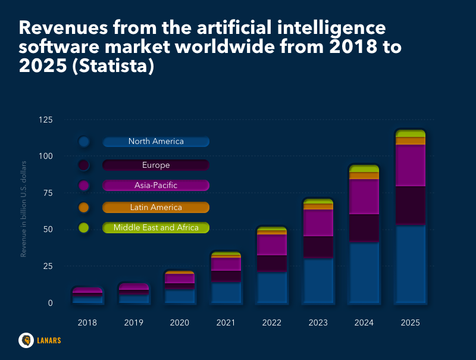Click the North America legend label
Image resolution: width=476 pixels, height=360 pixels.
pos(156,142)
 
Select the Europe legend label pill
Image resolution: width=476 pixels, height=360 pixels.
pos(156,165)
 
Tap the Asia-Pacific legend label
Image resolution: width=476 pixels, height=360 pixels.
pos(156,186)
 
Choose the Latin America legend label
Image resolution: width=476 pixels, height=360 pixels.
pos(156,207)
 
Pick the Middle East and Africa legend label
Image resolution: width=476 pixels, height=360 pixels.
pos(156,227)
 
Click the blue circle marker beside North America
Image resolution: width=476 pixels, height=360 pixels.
pos(84,142)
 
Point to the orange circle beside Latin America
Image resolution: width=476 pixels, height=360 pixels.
pos(84,207)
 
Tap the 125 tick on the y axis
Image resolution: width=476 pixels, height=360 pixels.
pos(62,120)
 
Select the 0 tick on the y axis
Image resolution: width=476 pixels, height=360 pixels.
pos(67,303)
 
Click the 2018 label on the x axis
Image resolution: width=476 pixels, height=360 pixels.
pos(87,323)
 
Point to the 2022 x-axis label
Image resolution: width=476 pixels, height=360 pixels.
pos(272,323)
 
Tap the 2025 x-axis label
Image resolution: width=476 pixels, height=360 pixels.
pos(411,323)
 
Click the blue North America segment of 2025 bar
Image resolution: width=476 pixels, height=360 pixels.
pos(411,264)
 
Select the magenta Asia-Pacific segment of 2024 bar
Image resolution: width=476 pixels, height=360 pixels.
pos(364,196)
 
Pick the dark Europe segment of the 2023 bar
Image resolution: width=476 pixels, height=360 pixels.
pos(318,247)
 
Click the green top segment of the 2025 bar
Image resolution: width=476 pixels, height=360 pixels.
pos(411,133)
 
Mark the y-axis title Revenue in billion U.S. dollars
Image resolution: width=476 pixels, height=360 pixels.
pos(24,209)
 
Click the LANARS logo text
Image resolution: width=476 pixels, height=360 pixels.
pos(48,341)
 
